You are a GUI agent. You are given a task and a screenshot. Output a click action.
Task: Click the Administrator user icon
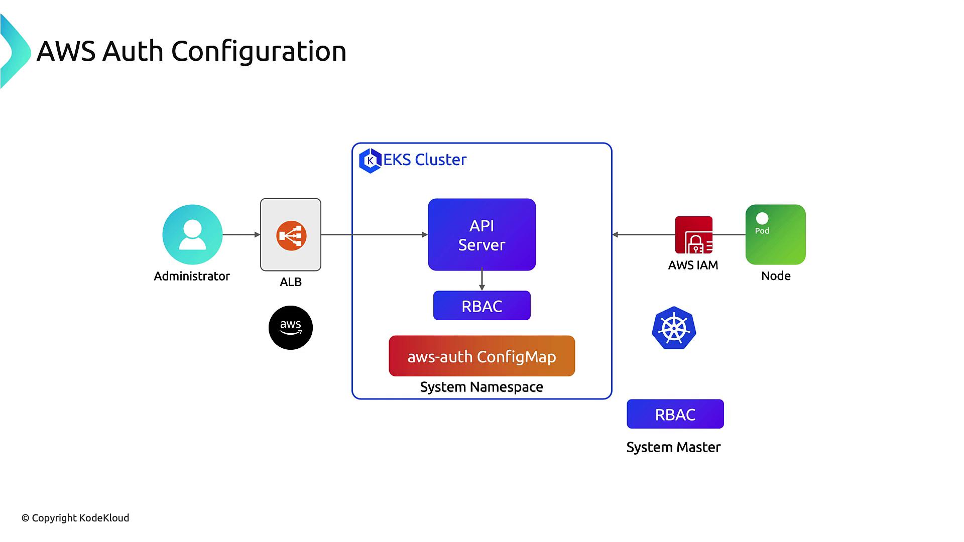[192, 234]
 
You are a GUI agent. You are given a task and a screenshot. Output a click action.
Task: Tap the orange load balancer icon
[291, 235]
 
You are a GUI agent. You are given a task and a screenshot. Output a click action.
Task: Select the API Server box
[481, 234]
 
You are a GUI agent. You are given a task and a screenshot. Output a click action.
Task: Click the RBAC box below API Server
[481, 306]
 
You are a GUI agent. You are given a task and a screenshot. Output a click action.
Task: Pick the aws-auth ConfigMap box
[481, 356]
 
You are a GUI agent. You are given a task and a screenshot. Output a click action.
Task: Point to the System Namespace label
[481, 387]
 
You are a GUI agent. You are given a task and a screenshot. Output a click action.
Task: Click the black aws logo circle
[291, 328]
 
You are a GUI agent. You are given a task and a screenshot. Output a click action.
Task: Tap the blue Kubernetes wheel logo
[674, 328]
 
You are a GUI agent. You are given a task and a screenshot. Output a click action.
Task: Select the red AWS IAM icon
[694, 235]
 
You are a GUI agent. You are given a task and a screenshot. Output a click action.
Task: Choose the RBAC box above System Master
[675, 414]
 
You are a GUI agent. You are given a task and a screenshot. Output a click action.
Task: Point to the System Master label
[673, 447]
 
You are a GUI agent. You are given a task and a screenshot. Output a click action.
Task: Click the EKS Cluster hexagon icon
[371, 161]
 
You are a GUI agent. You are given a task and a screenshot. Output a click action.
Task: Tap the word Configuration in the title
[259, 51]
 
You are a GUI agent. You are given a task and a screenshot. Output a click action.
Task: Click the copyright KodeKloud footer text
[75, 518]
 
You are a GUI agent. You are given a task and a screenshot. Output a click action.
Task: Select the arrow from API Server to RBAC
[482, 280]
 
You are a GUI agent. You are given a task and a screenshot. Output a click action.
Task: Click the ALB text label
[291, 282]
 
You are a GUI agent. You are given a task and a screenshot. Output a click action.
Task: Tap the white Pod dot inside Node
[762, 218]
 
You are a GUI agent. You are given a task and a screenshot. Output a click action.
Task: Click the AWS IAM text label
[693, 265]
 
